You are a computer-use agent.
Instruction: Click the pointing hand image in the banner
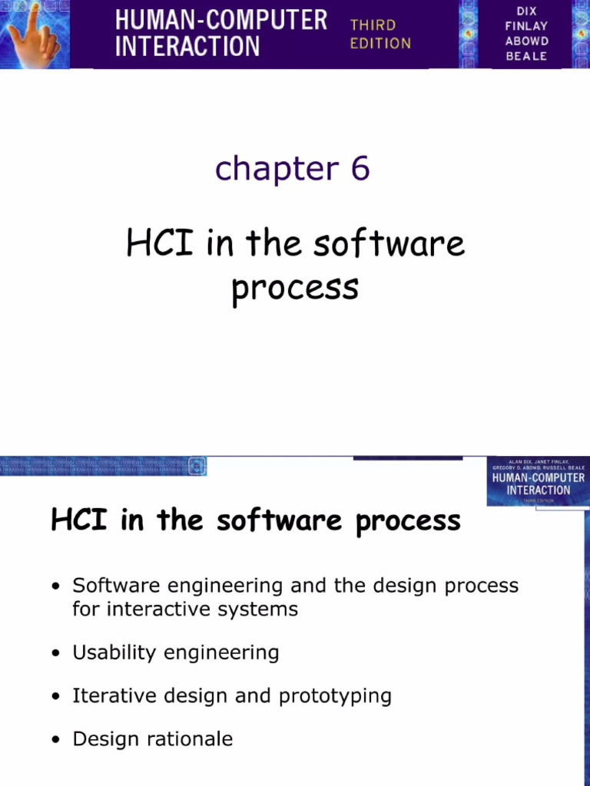(32, 34)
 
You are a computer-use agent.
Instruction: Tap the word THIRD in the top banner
(373, 25)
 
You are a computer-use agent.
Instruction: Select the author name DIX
(527, 11)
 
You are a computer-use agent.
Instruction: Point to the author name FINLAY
(527, 26)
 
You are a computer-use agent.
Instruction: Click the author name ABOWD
(527, 41)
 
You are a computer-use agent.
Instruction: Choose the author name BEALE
(527, 57)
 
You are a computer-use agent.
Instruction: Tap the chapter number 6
(360, 169)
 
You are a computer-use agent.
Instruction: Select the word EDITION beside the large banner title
(380, 44)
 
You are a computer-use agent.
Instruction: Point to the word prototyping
(335, 697)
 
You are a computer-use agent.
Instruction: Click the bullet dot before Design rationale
(57, 741)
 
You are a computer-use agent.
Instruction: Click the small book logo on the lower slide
(537, 481)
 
